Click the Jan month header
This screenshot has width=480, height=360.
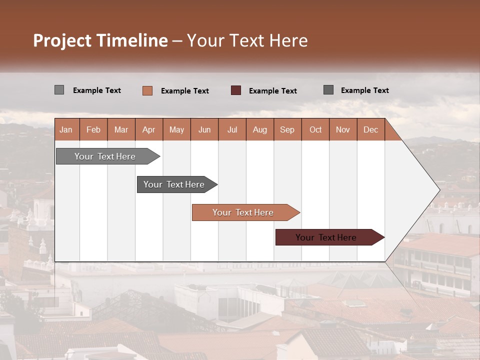(66, 129)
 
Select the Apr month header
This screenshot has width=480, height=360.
(148, 129)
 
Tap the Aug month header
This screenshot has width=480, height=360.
(259, 129)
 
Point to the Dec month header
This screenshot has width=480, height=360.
(370, 129)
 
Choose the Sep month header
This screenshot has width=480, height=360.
(287, 129)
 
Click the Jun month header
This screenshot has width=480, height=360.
(204, 129)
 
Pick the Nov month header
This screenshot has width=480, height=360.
(342, 129)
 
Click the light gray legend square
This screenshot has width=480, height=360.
(59, 90)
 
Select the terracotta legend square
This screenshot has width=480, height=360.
(147, 90)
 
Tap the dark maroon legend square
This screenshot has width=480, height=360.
(235, 90)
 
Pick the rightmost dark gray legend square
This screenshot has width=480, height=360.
(328, 90)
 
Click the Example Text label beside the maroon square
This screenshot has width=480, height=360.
(272, 91)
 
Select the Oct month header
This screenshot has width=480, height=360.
(315, 129)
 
